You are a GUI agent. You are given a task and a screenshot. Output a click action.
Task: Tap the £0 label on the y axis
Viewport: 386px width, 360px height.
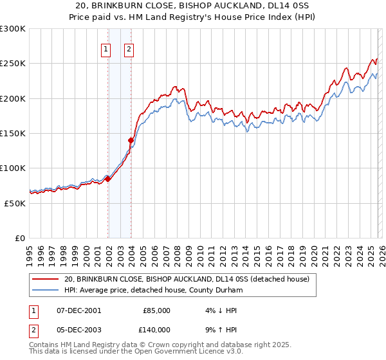coord(21,238)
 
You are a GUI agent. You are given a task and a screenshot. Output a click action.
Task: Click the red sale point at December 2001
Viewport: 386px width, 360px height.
coord(107,179)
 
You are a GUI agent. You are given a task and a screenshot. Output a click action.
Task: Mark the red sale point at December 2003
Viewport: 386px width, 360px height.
coord(131,140)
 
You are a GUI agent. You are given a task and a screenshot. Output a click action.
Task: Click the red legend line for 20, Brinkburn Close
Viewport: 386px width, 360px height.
coord(46,279)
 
